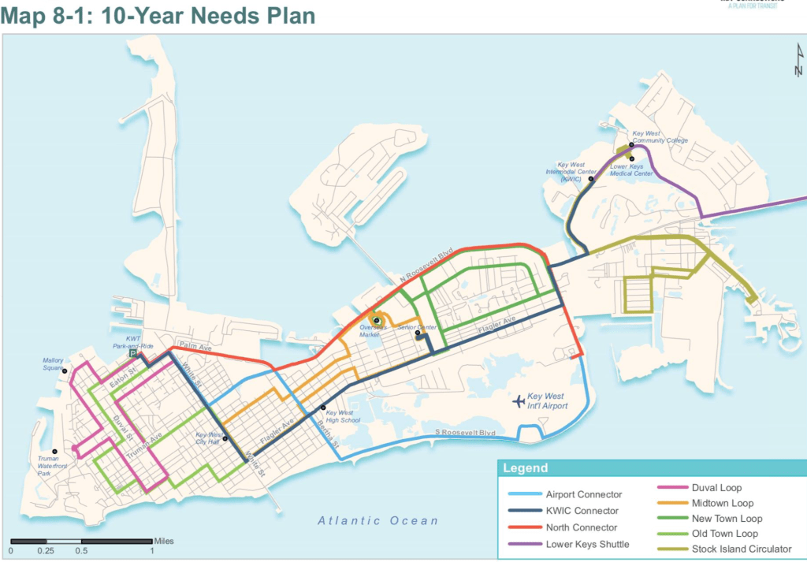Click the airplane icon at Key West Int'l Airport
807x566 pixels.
click(x=518, y=402)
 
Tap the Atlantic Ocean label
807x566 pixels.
click(x=377, y=520)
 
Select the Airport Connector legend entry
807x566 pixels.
click(x=583, y=494)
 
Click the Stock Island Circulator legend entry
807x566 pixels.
click(x=740, y=549)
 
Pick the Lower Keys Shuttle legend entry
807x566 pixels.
click(x=587, y=544)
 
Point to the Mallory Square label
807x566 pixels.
click(x=54, y=363)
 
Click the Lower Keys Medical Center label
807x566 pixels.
click(x=631, y=169)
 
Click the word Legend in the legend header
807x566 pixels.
click(x=526, y=468)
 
